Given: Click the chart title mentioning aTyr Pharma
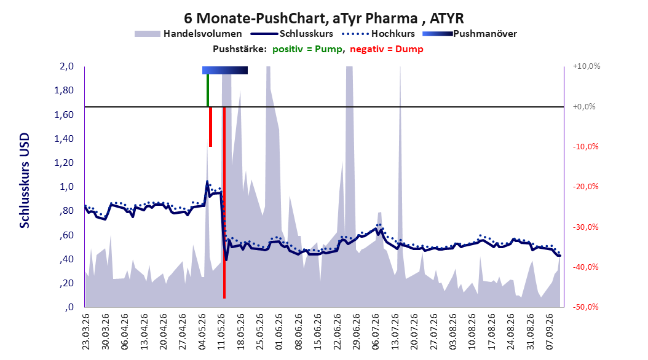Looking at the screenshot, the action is pos(324,18).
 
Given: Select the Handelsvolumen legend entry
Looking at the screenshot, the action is pos(188,34).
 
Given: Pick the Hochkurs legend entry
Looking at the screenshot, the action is pos(378,34).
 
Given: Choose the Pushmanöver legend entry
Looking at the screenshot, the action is pos(470,34).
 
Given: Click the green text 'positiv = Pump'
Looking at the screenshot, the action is pos(307,49).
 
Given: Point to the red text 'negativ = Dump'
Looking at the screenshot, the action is pos(387,49).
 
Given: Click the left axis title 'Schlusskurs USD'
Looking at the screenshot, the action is pos(25,181).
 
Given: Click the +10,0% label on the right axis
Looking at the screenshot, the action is pos(587,66).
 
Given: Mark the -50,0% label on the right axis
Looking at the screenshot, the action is pos(585,307).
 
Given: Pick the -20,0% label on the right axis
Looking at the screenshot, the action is pos(585,187).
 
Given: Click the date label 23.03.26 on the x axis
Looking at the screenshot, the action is pos(85,332).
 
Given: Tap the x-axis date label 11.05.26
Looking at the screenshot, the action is pos(221,332).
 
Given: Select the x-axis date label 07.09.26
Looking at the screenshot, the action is pos(550,332).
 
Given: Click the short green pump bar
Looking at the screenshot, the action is pos(207,90).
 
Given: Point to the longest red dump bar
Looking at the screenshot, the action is pos(224,203).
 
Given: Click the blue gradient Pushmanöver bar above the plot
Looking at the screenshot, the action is pos(225,70).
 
